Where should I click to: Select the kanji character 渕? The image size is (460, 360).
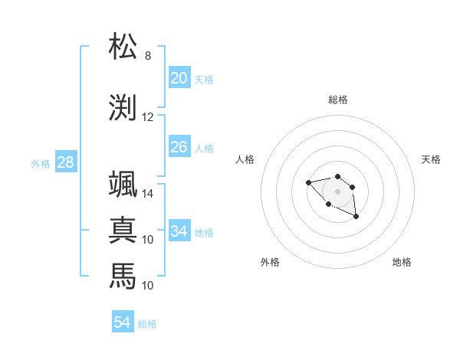(123, 107)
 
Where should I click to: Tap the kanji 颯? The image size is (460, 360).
(123, 185)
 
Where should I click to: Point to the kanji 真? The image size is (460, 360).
(123, 230)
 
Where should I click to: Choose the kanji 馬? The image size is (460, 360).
(123, 274)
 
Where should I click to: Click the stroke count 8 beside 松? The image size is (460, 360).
(148, 56)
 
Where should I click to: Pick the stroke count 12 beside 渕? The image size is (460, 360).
(148, 117)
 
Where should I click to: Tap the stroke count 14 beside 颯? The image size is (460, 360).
(148, 194)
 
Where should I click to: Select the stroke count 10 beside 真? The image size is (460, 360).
(148, 240)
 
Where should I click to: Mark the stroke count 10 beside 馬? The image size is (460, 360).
(148, 285)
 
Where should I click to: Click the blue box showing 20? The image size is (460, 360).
(179, 78)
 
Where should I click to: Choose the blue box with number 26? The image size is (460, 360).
(179, 147)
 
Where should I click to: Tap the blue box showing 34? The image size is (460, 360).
(179, 231)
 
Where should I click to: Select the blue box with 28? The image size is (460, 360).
(65, 162)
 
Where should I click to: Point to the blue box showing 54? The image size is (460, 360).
(122, 322)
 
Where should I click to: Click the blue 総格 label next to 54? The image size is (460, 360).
(147, 324)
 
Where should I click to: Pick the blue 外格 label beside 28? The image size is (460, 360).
(40, 164)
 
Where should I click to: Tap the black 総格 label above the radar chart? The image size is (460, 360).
(337, 100)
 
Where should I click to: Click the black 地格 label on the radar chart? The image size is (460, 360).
(402, 263)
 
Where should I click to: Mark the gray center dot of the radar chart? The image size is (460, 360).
(337, 191)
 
